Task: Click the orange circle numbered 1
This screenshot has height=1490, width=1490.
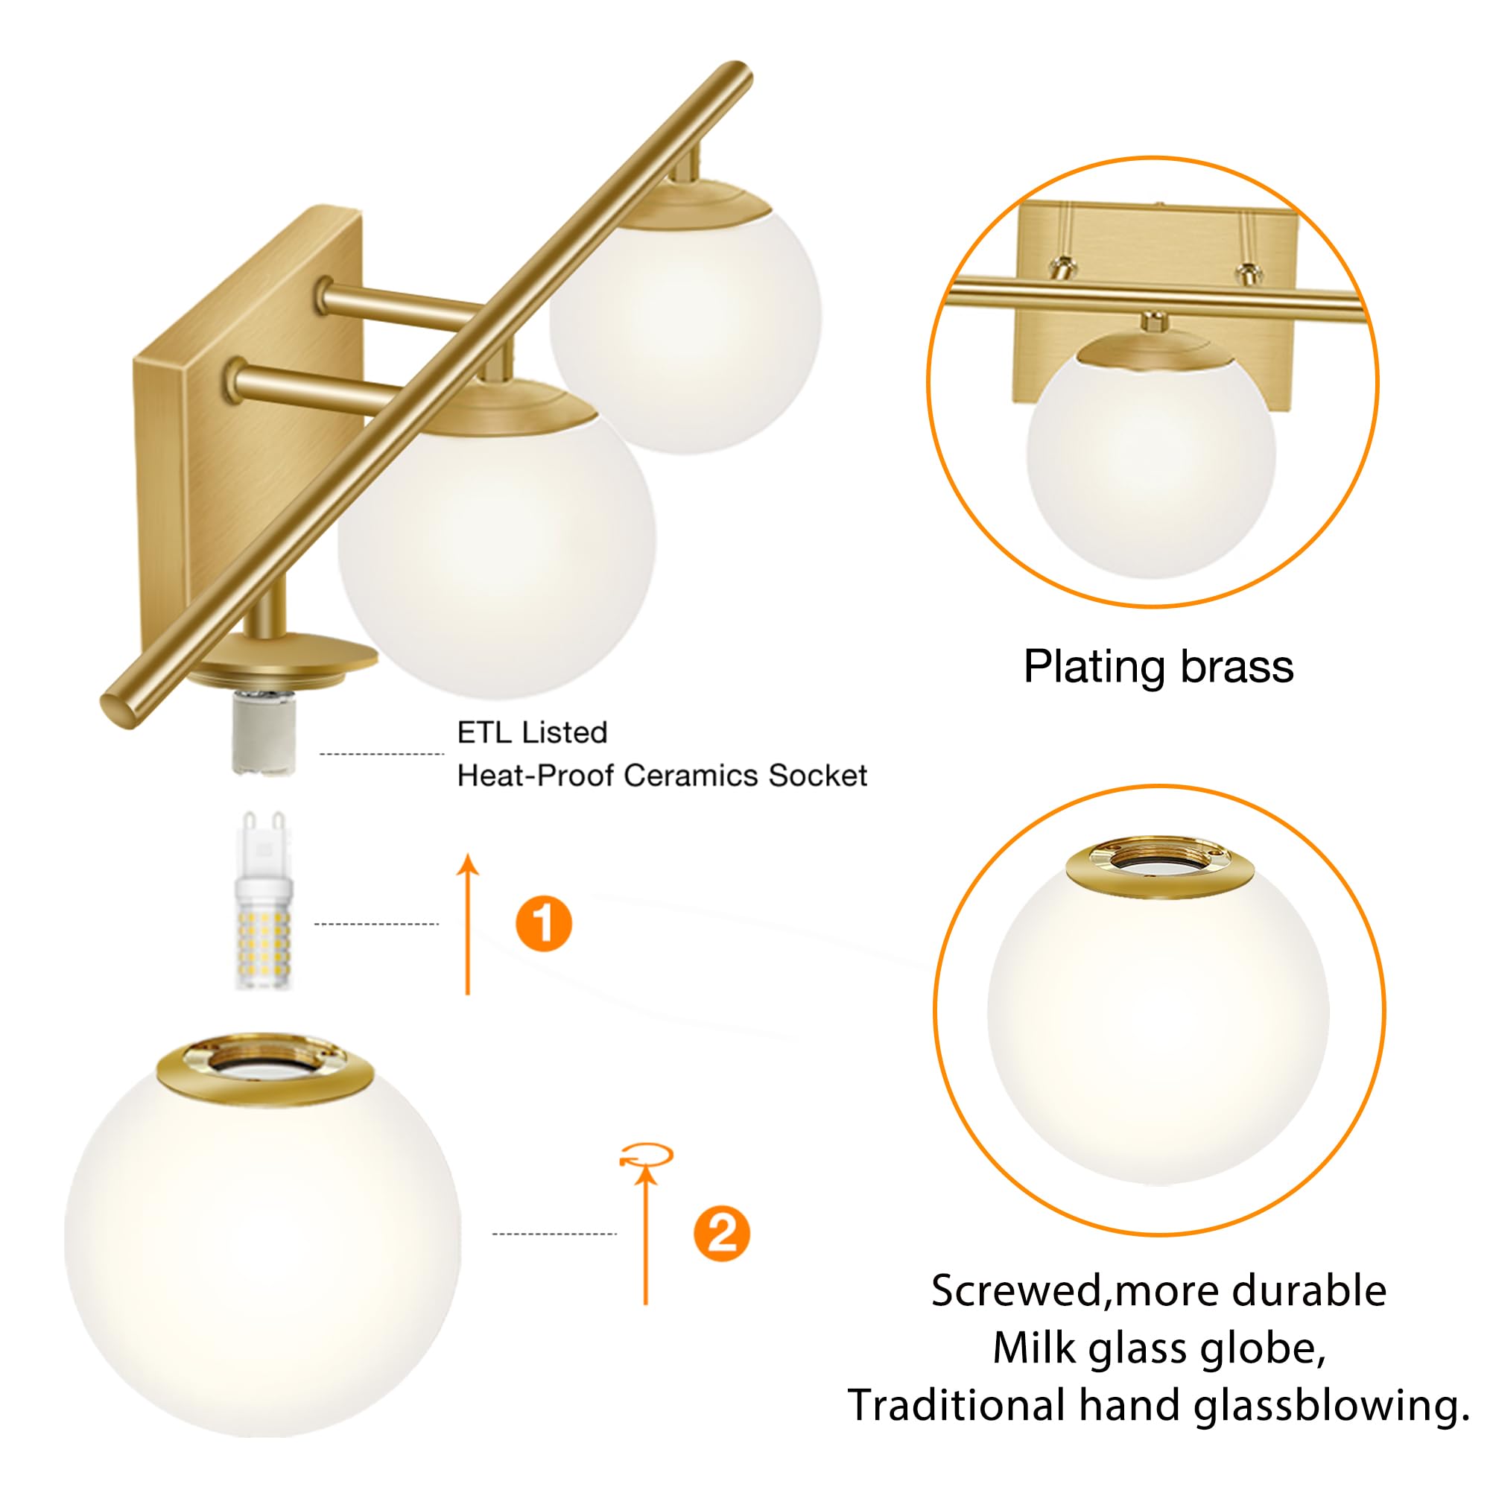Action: point(544,923)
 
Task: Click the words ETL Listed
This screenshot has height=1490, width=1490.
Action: point(532,732)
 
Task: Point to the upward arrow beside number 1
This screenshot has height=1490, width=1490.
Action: point(467,925)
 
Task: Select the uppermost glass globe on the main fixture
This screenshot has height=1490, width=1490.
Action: point(685,332)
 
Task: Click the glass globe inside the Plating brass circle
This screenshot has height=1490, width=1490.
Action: point(1151,463)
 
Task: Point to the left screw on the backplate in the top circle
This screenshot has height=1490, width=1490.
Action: point(1063,266)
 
